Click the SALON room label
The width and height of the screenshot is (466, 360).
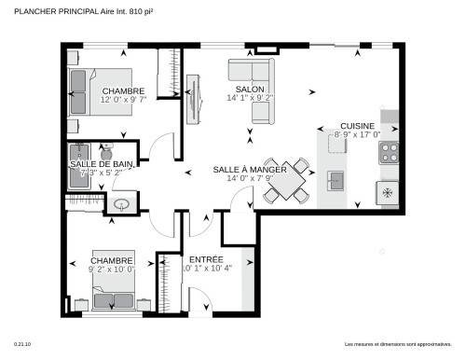coord(235,88)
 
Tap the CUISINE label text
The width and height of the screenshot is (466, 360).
coord(357,125)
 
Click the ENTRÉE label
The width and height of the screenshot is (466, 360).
coord(205,259)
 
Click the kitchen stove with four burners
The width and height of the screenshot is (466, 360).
coord(389,152)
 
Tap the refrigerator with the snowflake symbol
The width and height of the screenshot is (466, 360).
coord(387,192)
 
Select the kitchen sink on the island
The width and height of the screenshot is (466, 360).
coord(335,178)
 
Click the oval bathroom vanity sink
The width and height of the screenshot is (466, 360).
coord(120,203)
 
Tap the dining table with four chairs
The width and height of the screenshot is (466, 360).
coord(286,180)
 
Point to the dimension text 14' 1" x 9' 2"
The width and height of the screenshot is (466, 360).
coord(249,97)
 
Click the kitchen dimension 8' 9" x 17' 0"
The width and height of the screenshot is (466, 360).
coord(357,134)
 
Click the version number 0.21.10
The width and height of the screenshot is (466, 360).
coord(22,345)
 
